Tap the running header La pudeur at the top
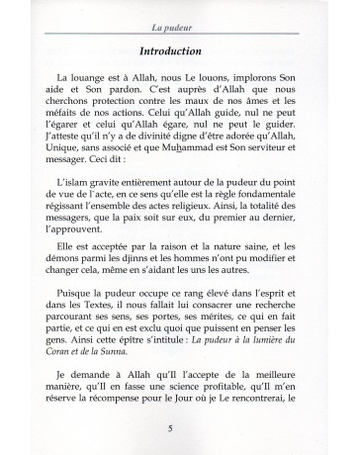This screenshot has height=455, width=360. click(x=179, y=12)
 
